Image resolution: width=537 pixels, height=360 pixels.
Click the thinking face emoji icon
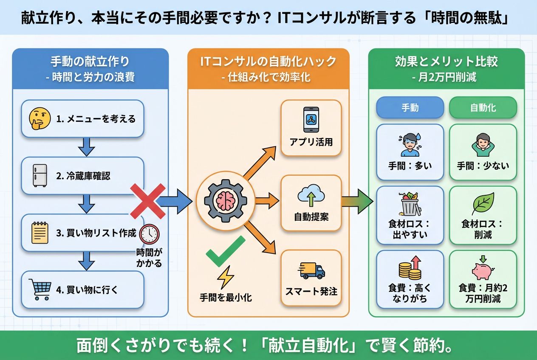pos(40,118)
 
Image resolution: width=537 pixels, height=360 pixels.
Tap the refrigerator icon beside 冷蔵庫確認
pos(40,175)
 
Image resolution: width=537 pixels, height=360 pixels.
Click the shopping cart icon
pos(40,289)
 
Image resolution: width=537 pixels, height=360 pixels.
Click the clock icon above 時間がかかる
pos(149,233)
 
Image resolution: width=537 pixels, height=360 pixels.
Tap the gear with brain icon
pos(225,200)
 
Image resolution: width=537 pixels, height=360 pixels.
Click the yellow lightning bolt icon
pos(225,278)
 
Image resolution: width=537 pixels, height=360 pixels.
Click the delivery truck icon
pos(312,270)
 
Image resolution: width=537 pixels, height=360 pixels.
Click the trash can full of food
pos(410,204)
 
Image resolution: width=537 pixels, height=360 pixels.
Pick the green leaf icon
pos(483,204)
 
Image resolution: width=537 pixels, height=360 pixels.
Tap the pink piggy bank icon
pos(483,268)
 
